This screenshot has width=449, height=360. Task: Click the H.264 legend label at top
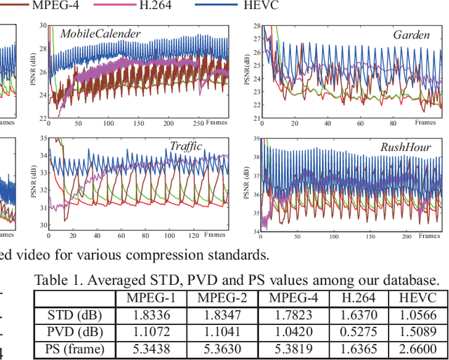pos(190,6)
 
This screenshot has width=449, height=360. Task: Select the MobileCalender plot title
pos(100,33)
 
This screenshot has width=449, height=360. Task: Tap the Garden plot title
pos(411,34)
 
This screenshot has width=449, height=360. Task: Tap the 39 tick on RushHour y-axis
pos(257,140)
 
